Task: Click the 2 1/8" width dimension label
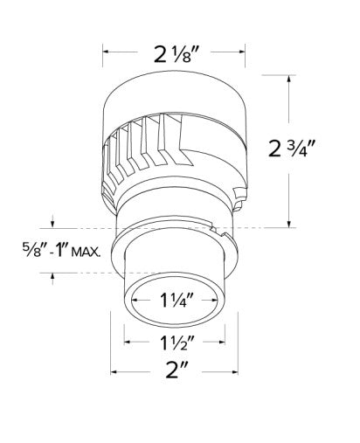177,54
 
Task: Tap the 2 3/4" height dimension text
292,149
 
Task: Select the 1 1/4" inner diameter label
177,300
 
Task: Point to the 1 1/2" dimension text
177,343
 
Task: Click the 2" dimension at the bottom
177,370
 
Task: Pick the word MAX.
86,252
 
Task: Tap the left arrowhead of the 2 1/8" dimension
106,52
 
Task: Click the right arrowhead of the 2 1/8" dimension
242,52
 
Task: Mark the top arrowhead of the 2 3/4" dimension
288,79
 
